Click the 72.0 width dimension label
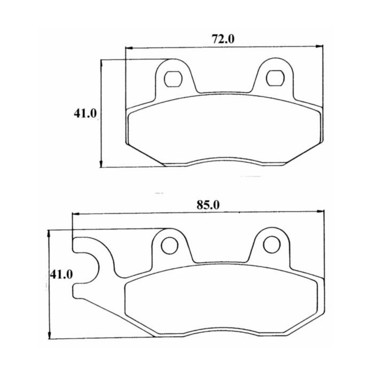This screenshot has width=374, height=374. coord(223,40)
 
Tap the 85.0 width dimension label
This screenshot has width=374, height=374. coord(208,205)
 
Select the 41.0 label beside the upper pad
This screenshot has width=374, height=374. coord(85,113)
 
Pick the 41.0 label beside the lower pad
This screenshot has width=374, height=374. coord(61,275)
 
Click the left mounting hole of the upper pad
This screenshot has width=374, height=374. coord(174,79)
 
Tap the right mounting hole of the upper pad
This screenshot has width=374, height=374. coord(275,78)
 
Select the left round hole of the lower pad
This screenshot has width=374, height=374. coord(169,245)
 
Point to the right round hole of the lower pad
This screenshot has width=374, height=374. coord(271,245)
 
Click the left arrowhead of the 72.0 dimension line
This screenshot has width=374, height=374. coord(129,48)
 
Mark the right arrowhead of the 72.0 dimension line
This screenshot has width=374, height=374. coord(319,46)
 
